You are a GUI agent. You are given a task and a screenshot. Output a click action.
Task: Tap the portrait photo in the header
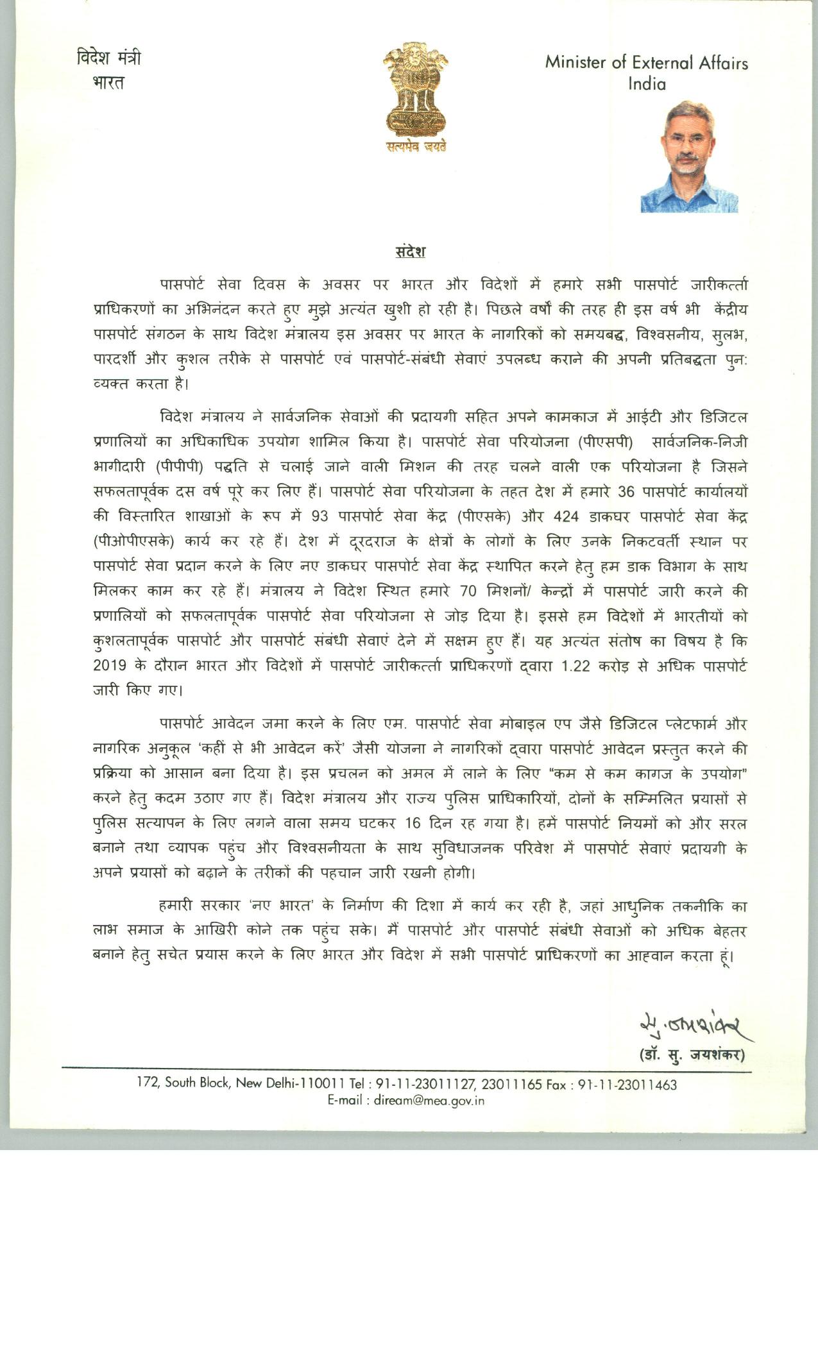(688, 157)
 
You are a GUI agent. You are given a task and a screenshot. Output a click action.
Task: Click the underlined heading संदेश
(410, 251)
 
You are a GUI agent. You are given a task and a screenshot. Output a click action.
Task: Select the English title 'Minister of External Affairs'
(646, 63)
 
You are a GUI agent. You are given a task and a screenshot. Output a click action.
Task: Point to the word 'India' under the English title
(647, 84)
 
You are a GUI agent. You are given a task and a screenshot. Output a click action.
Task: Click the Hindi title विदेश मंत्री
(108, 58)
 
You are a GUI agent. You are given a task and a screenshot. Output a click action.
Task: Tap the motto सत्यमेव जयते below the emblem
(416, 147)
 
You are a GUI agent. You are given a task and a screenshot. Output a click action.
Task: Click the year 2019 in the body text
(109, 666)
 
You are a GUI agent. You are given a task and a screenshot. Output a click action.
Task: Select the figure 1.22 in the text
(575, 666)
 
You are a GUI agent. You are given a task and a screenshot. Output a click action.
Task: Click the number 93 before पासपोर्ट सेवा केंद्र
(320, 517)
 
